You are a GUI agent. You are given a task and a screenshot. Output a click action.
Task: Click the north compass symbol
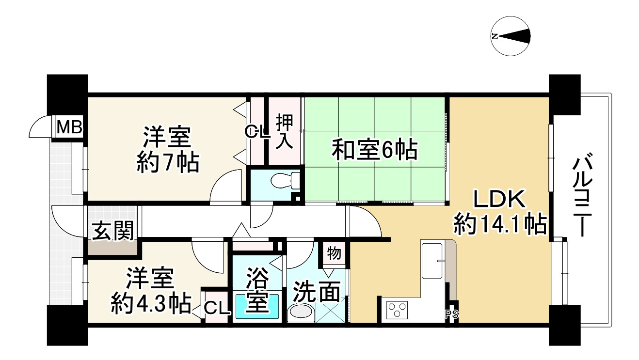pyautogui.click(x=511, y=36)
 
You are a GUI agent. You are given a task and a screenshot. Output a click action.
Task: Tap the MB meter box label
pyautogui.click(x=69, y=128)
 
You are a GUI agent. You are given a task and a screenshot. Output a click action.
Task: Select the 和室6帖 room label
pyautogui.click(x=374, y=150)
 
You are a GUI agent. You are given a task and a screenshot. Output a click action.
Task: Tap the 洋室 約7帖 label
pyautogui.click(x=167, y=149)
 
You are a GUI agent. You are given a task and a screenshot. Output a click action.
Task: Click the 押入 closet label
pyautogui.click(x=284, y=130)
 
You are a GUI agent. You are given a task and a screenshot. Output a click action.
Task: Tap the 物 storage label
pyautogui.click(x=334, y=253)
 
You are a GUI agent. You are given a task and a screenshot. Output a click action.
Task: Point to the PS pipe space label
pyautogui.click(x=451, y=314)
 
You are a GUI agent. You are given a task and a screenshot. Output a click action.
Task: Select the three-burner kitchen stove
pyautogui.click(x=397, y=310)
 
